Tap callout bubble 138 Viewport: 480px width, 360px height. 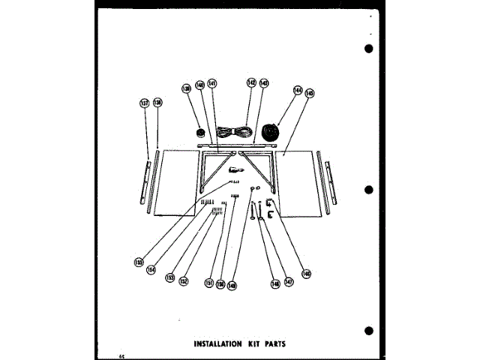(157, 103)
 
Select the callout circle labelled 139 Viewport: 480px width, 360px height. (187, 89)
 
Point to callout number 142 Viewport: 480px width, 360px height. (251, 83)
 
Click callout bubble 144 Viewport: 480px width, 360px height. (298, 91)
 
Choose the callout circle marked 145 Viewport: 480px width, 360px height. (310, 94)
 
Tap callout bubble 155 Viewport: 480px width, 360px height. (139, 262)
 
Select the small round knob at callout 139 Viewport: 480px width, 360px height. (201, 134)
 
